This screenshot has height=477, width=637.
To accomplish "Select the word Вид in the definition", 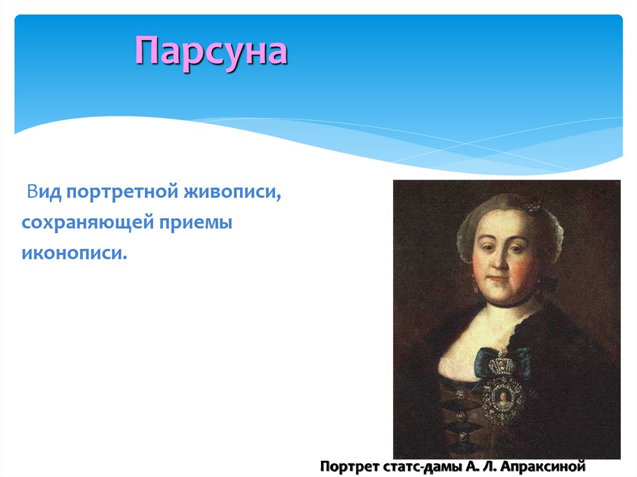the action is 44,192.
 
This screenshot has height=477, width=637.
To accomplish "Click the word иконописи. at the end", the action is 75,252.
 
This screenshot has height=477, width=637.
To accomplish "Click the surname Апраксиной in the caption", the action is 542,466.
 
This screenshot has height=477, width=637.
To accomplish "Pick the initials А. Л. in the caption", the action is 480,466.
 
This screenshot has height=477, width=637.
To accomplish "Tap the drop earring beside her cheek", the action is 476,284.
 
